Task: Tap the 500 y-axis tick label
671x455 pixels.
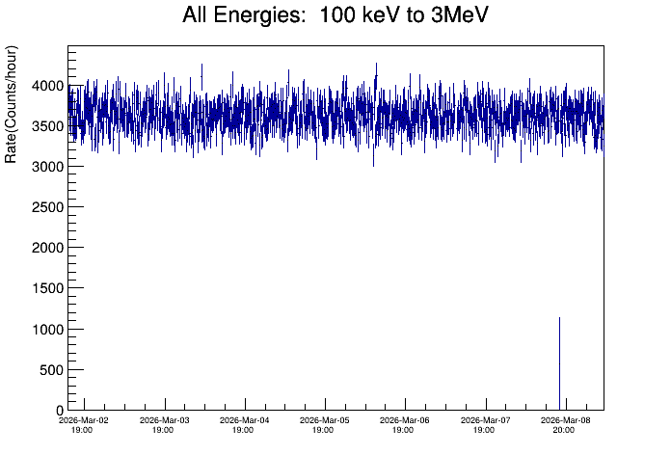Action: point(48,370)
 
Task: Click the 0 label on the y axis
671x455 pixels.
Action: point(58,411)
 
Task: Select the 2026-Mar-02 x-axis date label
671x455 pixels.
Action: point(84,420)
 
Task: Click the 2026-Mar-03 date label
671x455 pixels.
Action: point(165,420)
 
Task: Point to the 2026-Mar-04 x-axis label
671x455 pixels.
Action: point(245,420)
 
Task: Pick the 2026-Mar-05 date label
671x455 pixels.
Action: point(325,420)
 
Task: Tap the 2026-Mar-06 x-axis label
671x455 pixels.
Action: point(406,420)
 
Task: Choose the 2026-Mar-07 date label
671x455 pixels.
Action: point(486,420)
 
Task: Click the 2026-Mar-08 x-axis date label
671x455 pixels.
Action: point(566,420)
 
